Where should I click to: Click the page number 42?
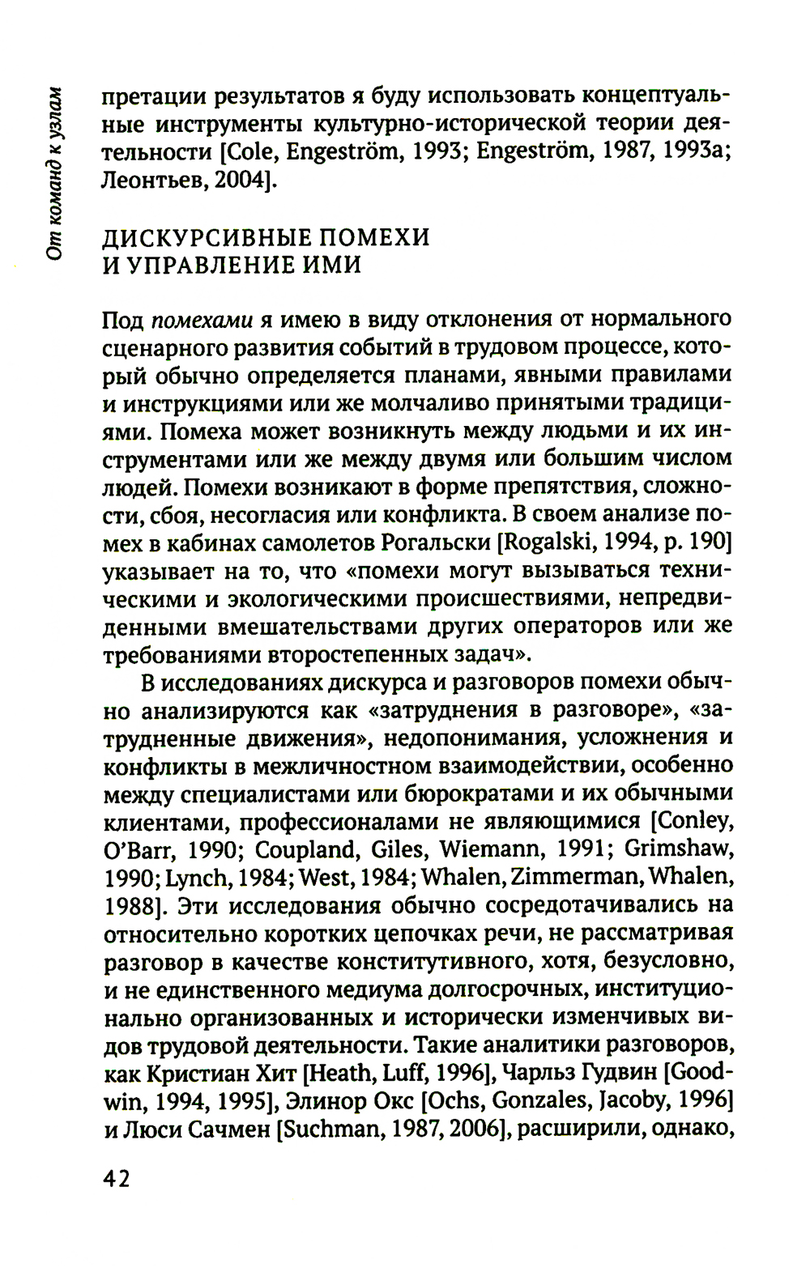117,1178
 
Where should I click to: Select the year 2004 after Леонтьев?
237,181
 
